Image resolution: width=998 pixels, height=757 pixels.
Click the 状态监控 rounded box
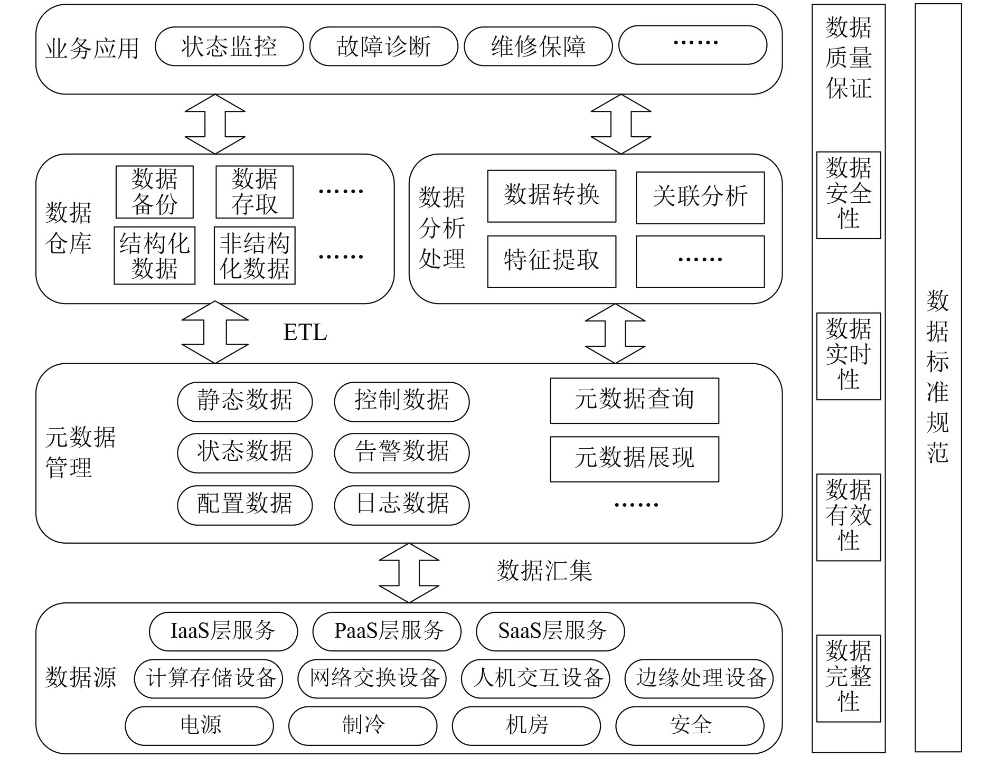click(x=229, y=46)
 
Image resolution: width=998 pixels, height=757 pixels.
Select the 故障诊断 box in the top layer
click(x=383, y=46)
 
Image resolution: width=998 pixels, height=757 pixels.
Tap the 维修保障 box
click(x=538, y=46)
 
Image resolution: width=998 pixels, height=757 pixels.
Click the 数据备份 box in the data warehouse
click(x=155, y=192)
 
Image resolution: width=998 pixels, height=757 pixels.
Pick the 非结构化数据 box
click(x=255, y=256)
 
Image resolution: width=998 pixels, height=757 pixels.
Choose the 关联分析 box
click(x=700, y=197)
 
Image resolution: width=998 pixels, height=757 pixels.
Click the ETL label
click(x=305, y=333)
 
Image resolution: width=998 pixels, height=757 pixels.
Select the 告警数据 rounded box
click(x=401, y=452)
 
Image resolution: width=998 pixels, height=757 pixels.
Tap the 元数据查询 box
click(x=634, y=400)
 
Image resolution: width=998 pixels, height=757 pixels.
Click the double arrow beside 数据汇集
click(x=409, y=573)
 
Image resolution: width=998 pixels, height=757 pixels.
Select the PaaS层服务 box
click(x=387, y=631)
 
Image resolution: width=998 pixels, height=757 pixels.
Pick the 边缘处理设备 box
click(x=699, y=678)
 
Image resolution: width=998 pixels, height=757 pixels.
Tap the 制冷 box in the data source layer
click(x=363, y=725)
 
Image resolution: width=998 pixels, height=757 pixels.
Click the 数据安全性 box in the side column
click(x=848, y=195)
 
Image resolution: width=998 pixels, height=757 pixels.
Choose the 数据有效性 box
click(x=848, y=517)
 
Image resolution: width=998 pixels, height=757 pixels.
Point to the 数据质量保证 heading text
click(x=848, y=58)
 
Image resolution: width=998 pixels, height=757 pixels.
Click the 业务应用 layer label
click(x=92, y=49)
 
